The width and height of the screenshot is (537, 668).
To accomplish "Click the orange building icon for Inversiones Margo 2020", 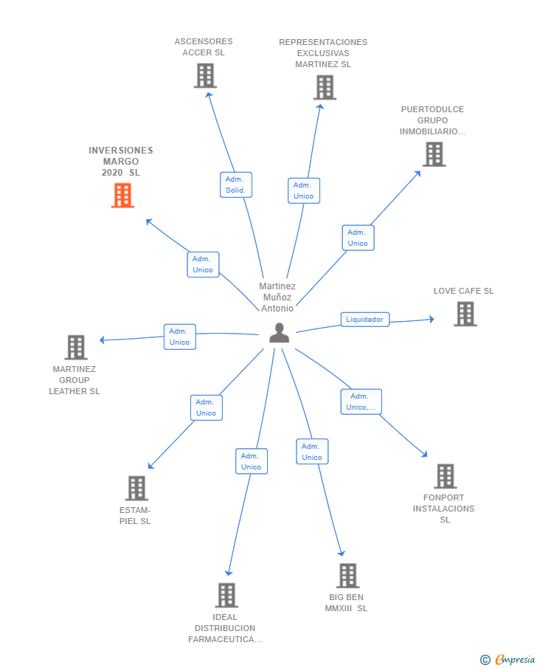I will click(x=122, y=196).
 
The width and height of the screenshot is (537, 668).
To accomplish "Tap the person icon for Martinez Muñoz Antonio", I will click(x=279, y=334).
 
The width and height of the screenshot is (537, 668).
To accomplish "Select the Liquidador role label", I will click(x=364, y=320).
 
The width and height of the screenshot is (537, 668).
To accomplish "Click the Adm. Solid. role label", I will click(x=235, y=185).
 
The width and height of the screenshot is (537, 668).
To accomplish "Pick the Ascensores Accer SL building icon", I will click(x=205, y=75).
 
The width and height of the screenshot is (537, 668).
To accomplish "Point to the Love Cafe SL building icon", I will click(x=465, y=314).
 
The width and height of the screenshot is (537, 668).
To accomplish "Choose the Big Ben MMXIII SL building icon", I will click(x=347, y=576).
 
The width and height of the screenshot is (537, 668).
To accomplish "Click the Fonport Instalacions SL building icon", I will click(x=445, y=476).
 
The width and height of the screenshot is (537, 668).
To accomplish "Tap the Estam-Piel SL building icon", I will click(x=136, y=488).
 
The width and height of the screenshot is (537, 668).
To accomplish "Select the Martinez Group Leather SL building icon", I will click(x=75, y=347).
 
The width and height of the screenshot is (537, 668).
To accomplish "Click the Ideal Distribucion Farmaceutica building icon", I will click(x=226, y=595).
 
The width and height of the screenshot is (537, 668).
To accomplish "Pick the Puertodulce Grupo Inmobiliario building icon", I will click(x=434, y=154).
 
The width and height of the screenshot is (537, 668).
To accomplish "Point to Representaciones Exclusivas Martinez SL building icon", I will click(x=324, y=87).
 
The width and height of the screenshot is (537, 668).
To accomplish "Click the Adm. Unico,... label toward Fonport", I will click(x=361, y=402).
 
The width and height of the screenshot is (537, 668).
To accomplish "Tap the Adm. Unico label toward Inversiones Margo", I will click(x=203, y=264).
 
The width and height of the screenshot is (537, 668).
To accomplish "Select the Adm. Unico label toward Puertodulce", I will click(x=358, y=238).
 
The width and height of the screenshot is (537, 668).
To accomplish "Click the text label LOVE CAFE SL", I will click(x=463, y=291).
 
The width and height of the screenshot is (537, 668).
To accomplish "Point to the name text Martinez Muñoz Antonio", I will click(x=277, y=297).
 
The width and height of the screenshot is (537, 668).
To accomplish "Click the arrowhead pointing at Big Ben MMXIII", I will click(x=342, y=553).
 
